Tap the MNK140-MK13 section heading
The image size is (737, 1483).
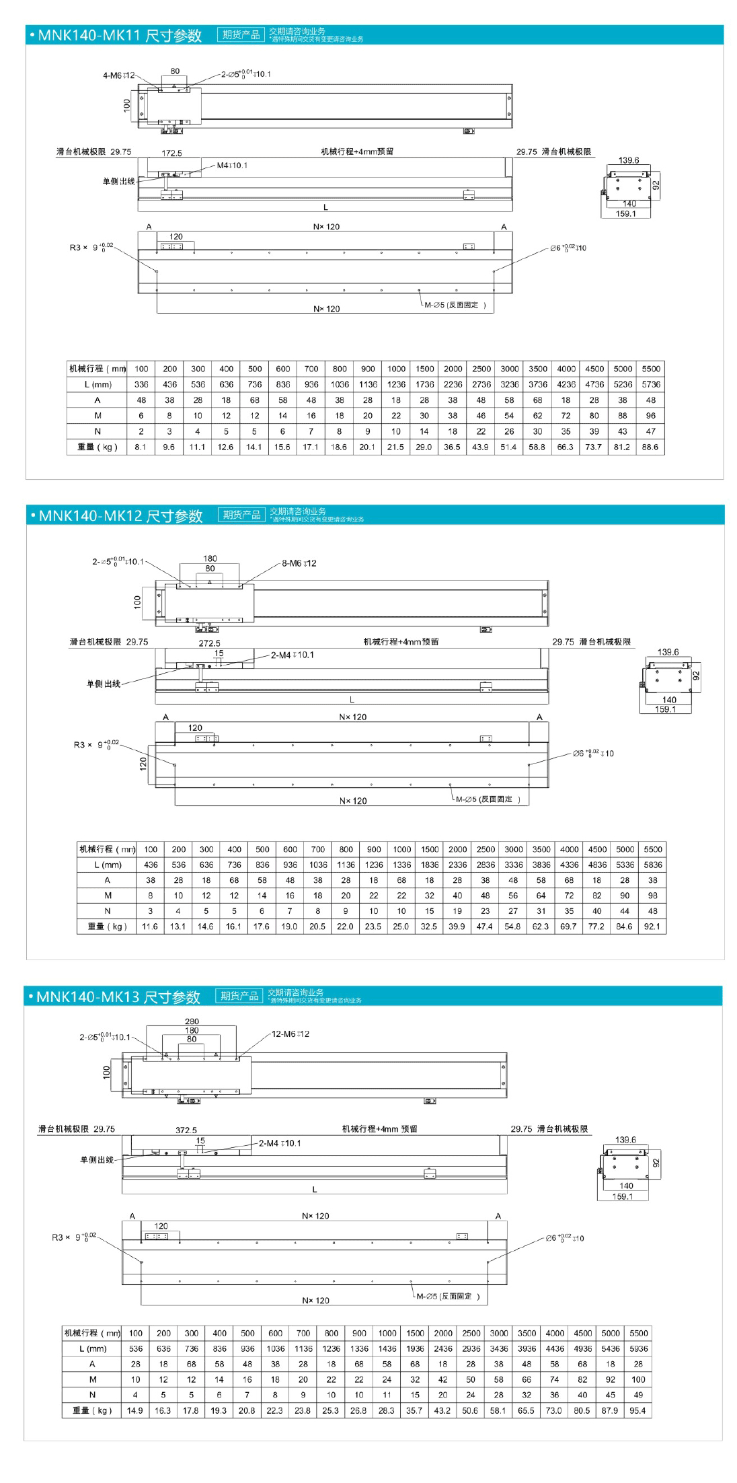click(x=118, y=997)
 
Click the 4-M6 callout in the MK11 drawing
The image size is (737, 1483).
click(x=118, y=75)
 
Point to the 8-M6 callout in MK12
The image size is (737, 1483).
click(x=299, y=563)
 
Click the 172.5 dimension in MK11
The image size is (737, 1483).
click(x=171, y=153)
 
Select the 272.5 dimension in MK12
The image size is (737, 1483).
click(x=209, y=643)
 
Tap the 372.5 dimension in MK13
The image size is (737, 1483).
click(x=186, y=1130)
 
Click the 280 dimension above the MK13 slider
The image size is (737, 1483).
click(x=192, y=1021)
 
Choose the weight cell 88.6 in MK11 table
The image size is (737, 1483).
click(x=650, y=447)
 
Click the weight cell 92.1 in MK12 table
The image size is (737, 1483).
click(x=652, y=927)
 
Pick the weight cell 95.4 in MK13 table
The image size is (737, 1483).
click(x=637, y=1411)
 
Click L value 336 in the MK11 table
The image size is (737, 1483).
click(x=141, y=384)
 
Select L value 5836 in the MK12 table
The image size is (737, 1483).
click(x=652, y=865)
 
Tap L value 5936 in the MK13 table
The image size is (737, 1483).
click(x=638, y=1348)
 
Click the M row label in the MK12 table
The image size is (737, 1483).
click(x=108, y=896)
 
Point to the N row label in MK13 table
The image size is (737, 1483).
click(x=92, y=1395)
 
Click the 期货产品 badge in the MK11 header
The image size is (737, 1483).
click(x=241, y=35)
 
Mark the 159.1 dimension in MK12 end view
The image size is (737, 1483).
click(x=665, y=709)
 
